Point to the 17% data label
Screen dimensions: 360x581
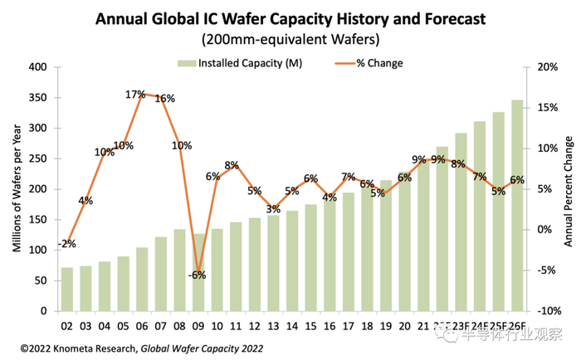(135, 95)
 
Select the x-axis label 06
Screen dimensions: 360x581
(142, 324)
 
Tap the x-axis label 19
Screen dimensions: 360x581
(384, 324)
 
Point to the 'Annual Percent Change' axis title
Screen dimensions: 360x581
(569, 189)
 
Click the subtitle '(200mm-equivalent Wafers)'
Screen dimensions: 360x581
(291, 39)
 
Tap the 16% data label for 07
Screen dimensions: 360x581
(164, 99)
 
